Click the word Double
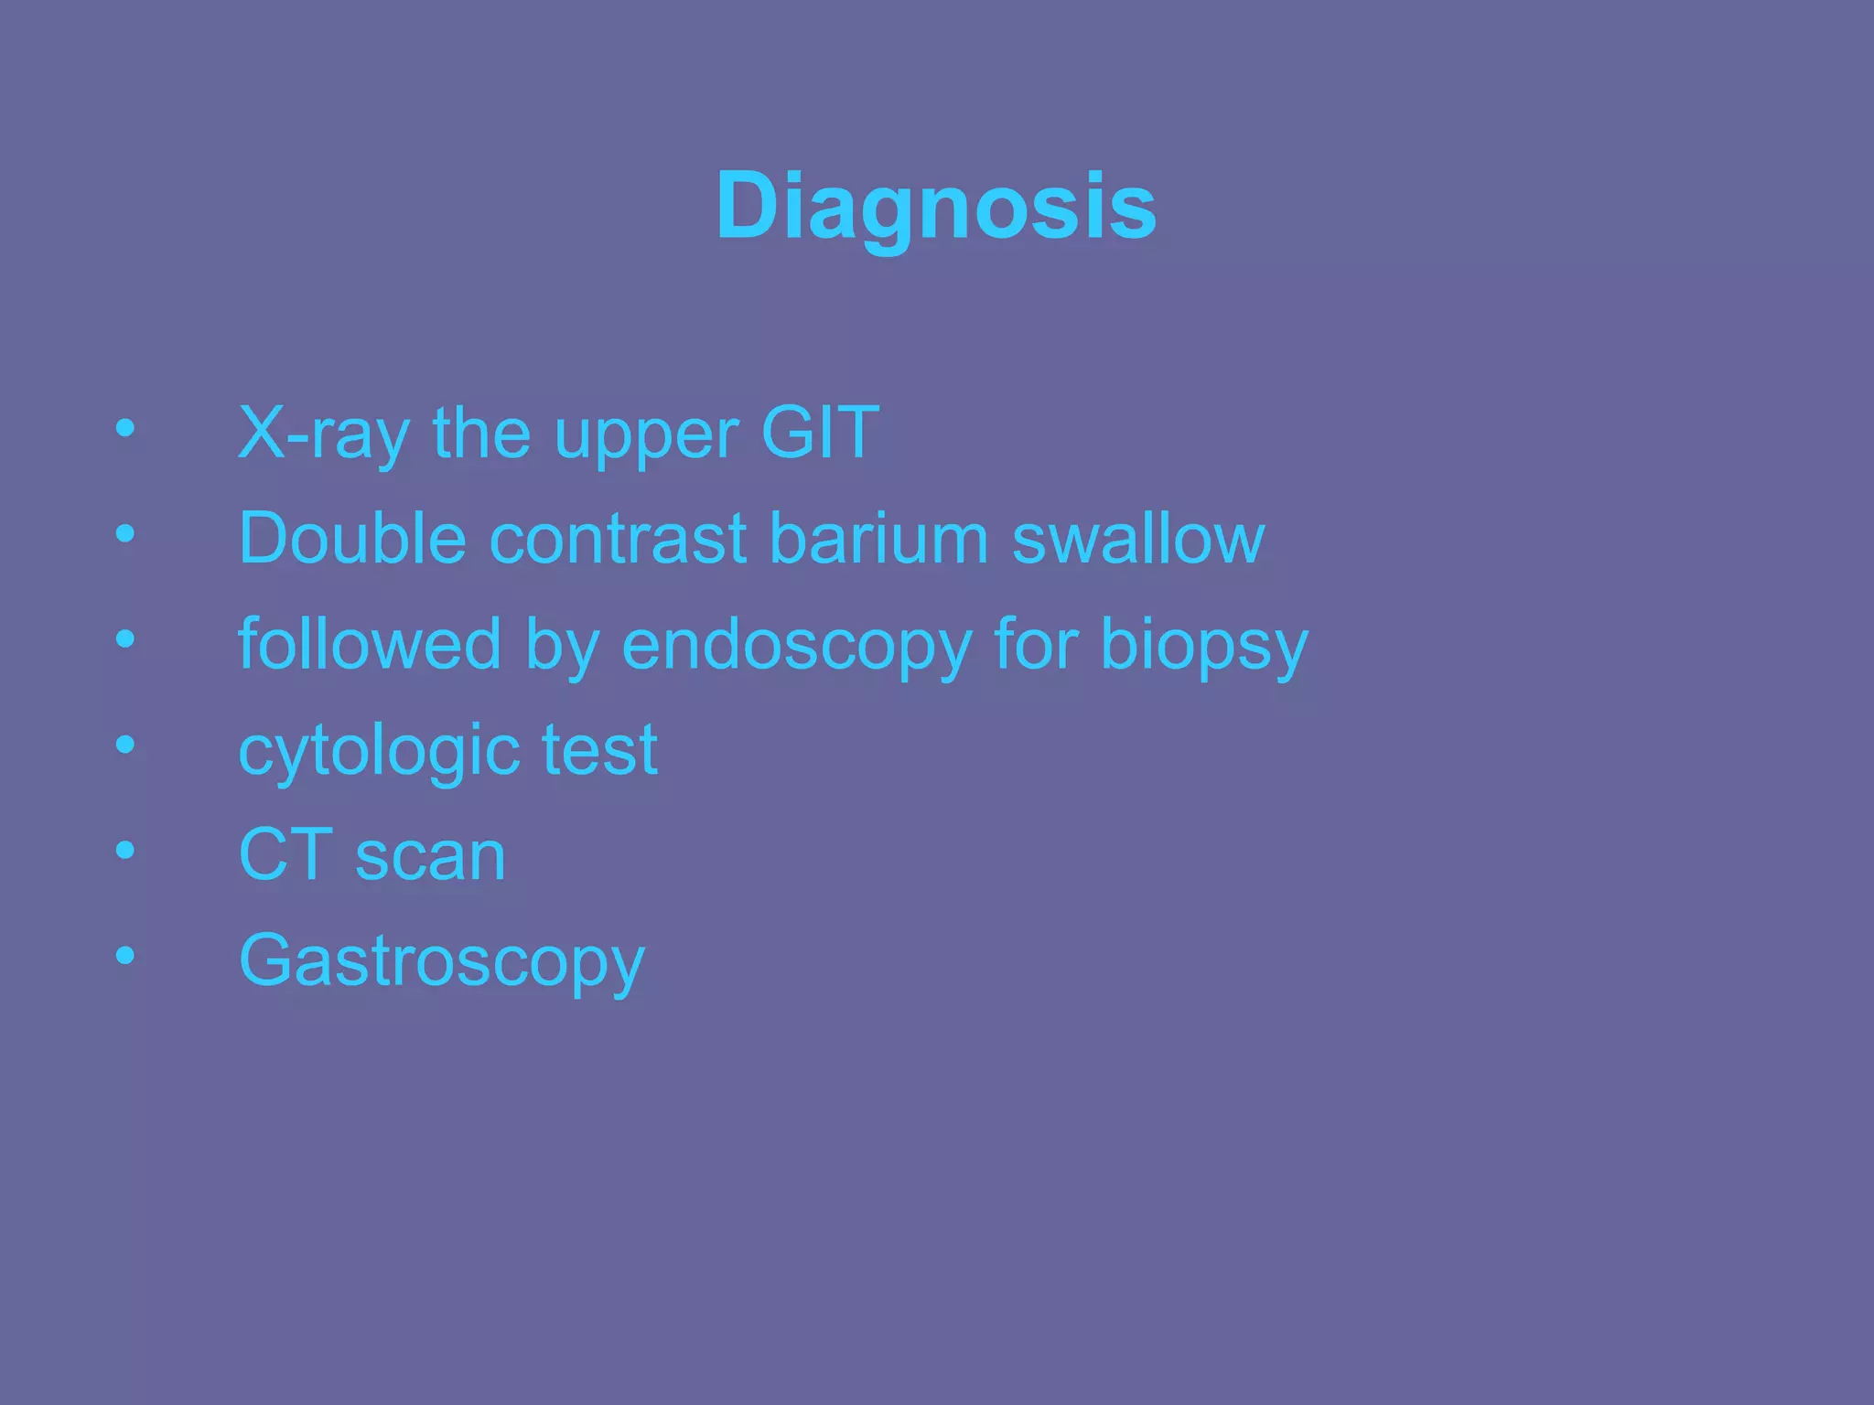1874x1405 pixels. pos(352,538)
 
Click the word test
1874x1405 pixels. pos(599,750)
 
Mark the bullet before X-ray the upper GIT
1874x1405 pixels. pos(125,428)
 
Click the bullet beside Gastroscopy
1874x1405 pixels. pos(125,956)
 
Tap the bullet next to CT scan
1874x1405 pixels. pos(125,851)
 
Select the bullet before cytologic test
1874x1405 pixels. pos(125,745)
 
